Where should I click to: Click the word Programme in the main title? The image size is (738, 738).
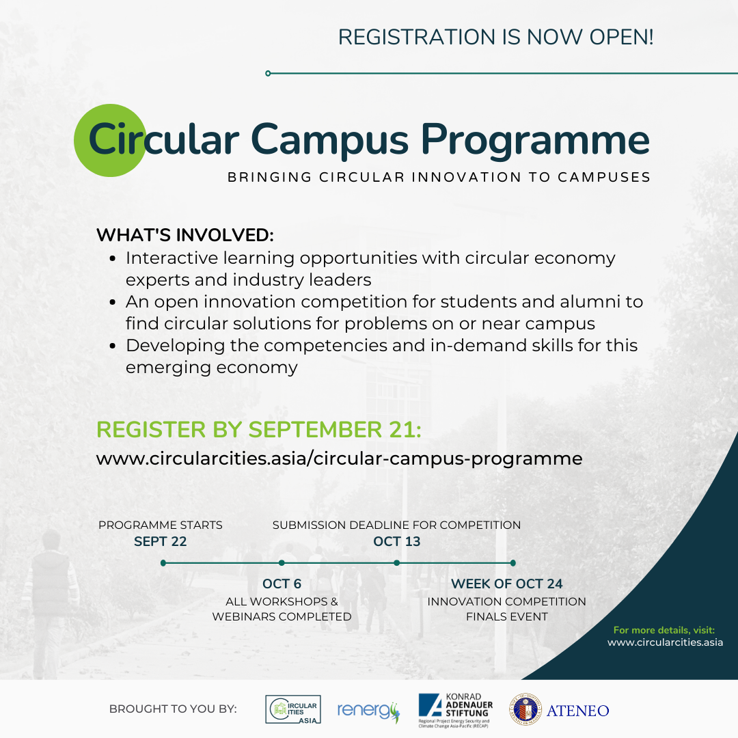(534, 140)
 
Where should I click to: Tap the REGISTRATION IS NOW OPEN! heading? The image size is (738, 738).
(495, 37)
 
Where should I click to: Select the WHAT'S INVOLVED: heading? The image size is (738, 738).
(184, 235)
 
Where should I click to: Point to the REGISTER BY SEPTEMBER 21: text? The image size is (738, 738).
(259, 430)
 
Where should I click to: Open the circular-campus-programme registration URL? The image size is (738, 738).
(339, 459)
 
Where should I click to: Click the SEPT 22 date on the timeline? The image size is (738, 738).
(161, 542)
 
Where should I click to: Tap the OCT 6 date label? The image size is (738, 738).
(282, 584)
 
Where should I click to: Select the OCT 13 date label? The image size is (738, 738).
(396, 542)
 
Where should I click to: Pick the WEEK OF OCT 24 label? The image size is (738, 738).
(506, 584)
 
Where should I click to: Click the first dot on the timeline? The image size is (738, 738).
(163, 563)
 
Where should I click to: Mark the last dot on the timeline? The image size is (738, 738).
(512, 563)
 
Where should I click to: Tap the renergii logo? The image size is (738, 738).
(368, 711)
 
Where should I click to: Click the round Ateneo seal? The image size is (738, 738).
(525, 710)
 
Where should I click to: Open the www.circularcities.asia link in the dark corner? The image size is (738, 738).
(665, 642)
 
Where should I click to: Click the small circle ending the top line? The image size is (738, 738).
(268, 73)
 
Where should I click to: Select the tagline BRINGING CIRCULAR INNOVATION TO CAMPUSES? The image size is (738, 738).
(439, 178)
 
